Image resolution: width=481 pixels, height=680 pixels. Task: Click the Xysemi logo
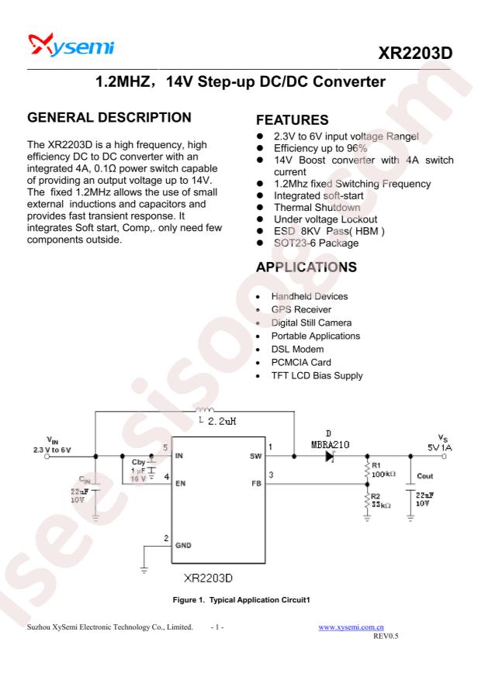(x=71, y=45)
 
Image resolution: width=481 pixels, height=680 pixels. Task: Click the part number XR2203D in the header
(x=415, y=54)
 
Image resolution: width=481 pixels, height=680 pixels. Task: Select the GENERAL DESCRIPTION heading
(x=109, y=118)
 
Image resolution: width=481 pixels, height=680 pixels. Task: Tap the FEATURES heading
(x=292, y=120)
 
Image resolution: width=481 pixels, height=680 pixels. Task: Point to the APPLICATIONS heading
(x=306, y=268)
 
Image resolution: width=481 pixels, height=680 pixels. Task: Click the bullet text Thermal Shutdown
(x=317, y=208)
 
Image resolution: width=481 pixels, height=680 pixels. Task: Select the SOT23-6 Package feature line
(x=316, y=243)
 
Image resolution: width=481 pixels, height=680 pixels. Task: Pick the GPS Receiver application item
(x=301, y=309)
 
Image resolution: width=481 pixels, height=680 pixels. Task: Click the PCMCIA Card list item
(x=301, y=363)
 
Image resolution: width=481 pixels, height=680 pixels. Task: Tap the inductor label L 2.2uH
(x=217, y=421)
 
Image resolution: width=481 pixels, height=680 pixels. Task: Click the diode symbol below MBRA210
(x=330, y=456)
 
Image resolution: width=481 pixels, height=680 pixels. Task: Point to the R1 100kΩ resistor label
(x=383, y=470)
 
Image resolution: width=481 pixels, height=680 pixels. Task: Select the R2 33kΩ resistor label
(x=381, y=501)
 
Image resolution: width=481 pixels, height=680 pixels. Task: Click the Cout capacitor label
(x=424, y=476)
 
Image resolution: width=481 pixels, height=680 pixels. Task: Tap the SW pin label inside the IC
(x=255, y=456)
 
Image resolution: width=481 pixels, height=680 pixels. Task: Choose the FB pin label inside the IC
(x=256, y=484)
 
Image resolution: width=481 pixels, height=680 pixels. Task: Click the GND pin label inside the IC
(x=183, y=545)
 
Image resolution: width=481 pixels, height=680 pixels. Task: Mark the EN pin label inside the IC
(x=180, y=484)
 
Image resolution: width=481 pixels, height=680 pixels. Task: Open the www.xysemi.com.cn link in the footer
(x=351, y=627)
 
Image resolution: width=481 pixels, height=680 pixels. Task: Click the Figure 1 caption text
(x=241, y=600)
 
